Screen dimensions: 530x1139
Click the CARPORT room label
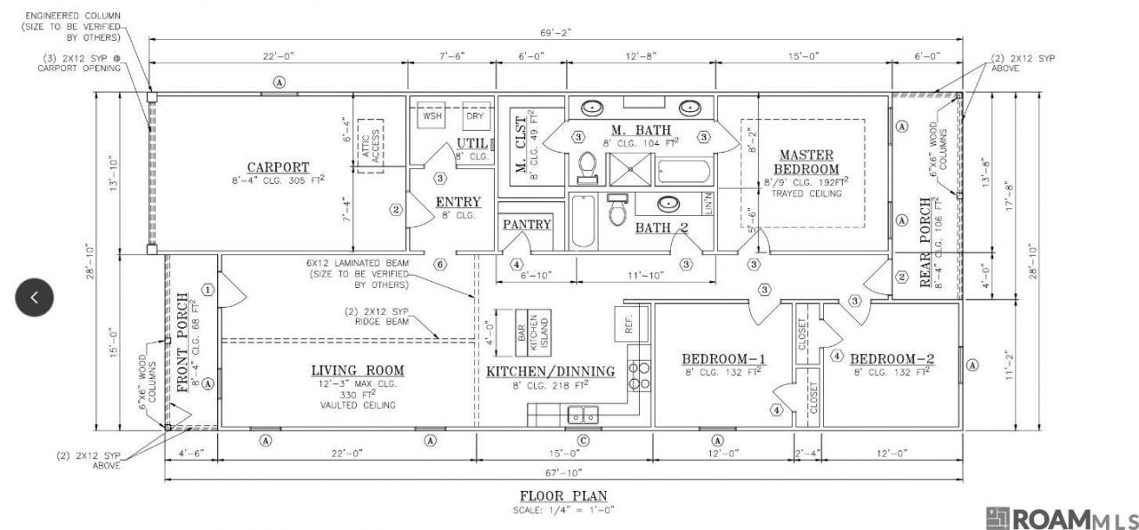(278, 166)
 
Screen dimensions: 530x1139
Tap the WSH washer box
(432, 116)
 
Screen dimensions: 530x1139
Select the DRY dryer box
(473, 116)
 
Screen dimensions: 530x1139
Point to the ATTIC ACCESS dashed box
(369, 146)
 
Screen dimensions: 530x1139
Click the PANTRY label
(527, 224)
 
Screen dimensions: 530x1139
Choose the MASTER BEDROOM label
(806, 162)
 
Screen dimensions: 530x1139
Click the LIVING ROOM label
(358, 370)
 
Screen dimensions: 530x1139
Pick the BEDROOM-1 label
(723, 358)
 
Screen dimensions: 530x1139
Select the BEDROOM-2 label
(892, 358)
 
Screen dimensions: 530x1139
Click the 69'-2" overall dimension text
(555, 33)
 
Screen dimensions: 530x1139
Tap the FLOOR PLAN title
(564, 495)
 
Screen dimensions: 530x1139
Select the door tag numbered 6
(440, 264)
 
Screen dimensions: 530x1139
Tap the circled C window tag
(584, 439)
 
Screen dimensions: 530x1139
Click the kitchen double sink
(584, 414)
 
